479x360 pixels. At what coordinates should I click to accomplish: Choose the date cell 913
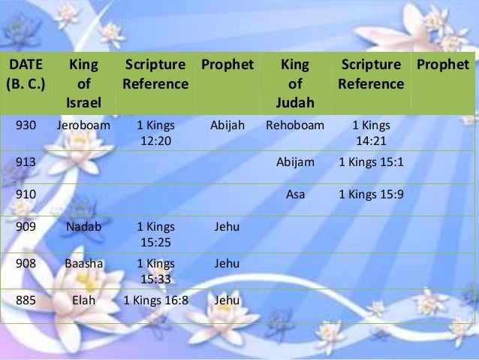[x=24, y=162]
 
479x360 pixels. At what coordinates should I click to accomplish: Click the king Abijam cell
[x=295, y=162]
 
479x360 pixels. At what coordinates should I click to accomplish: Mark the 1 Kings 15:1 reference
[x=371, y=162]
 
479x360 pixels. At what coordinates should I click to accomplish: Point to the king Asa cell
[x=295, y=194]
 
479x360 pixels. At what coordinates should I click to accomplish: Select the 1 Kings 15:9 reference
[x=371, y=194]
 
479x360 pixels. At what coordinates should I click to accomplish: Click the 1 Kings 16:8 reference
[x=155, y=300]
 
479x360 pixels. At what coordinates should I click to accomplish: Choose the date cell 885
[x=24, y=300]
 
